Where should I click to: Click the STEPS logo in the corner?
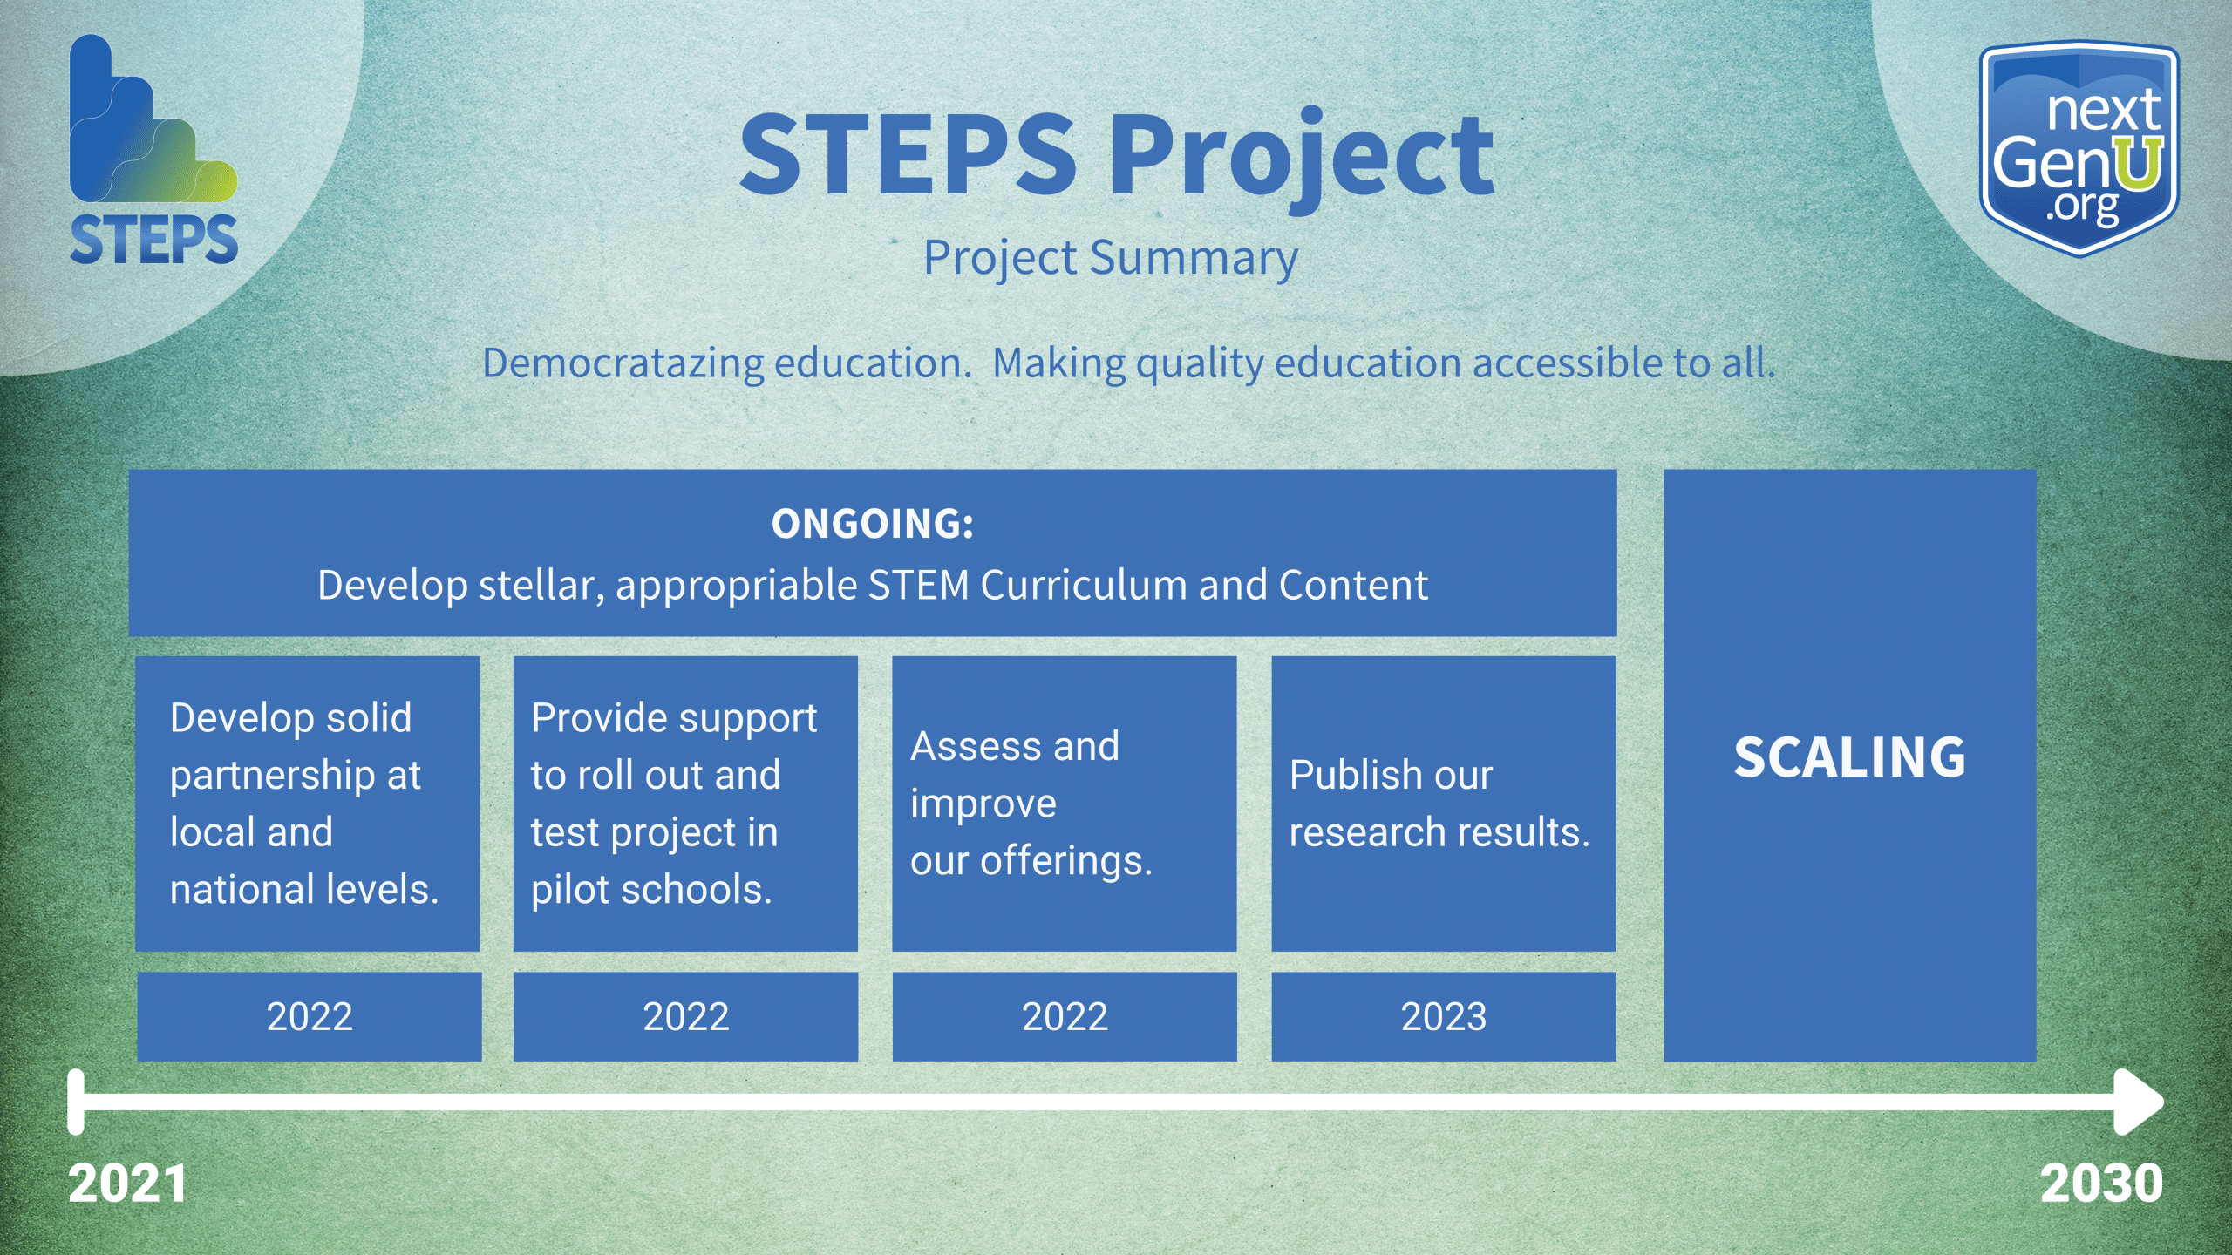(x=153, y=150)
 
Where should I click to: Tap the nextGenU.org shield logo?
(x=2079, y=148)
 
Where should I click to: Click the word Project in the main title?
(x=1302, y=157)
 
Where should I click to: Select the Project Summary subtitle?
(x=1111, y=258)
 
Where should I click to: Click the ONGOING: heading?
(x=873, y=524)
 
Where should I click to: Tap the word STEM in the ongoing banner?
(x=919, y=585)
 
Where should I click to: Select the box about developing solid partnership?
(x=308, y=804)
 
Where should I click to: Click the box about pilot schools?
(x=685, y=804)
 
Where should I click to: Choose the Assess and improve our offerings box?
(x=1065, y=804)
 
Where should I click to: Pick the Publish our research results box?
(x=1444, y=804)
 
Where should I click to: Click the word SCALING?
(x=1850, y=756)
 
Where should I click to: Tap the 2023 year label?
(x=1444, y=1016)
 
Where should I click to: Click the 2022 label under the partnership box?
(x=310, y=1016)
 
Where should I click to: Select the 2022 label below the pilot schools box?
(x=685, y=1016)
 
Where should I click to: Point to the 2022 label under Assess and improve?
(x=1065, y=1016)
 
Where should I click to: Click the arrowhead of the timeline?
(x=2140, y=1102)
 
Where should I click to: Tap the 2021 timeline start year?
(x=128, y=1184)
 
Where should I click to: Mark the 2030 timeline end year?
(x=2101, y=1184)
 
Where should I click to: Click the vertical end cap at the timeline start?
(x=76, y=1102)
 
